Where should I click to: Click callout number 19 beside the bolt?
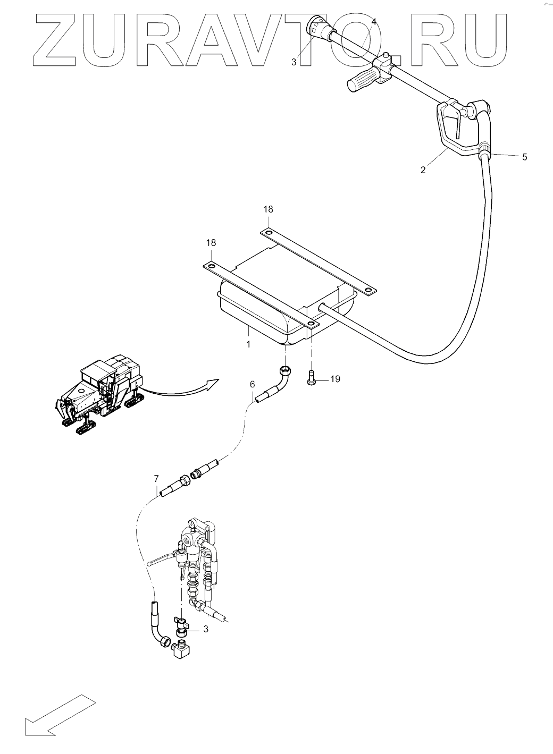[x=335, y=379]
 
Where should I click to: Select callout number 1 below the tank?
[x=248, y=344]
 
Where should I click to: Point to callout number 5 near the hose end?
[x=524, y=157]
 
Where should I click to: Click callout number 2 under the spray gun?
[x=423, y=170]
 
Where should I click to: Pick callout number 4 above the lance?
[x=374, y=22]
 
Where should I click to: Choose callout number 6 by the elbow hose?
[x=252, y=384]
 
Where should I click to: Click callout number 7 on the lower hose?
[x=156, y=479]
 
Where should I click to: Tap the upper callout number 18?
[x=268, y=209]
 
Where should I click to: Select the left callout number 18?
[x=211, y=242]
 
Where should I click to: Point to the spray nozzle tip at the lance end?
[x=315, y=25]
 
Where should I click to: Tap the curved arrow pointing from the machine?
[x=183, y=390]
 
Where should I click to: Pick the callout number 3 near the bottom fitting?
[x=205, y=629]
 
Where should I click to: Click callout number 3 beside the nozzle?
[x=294, y=62]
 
